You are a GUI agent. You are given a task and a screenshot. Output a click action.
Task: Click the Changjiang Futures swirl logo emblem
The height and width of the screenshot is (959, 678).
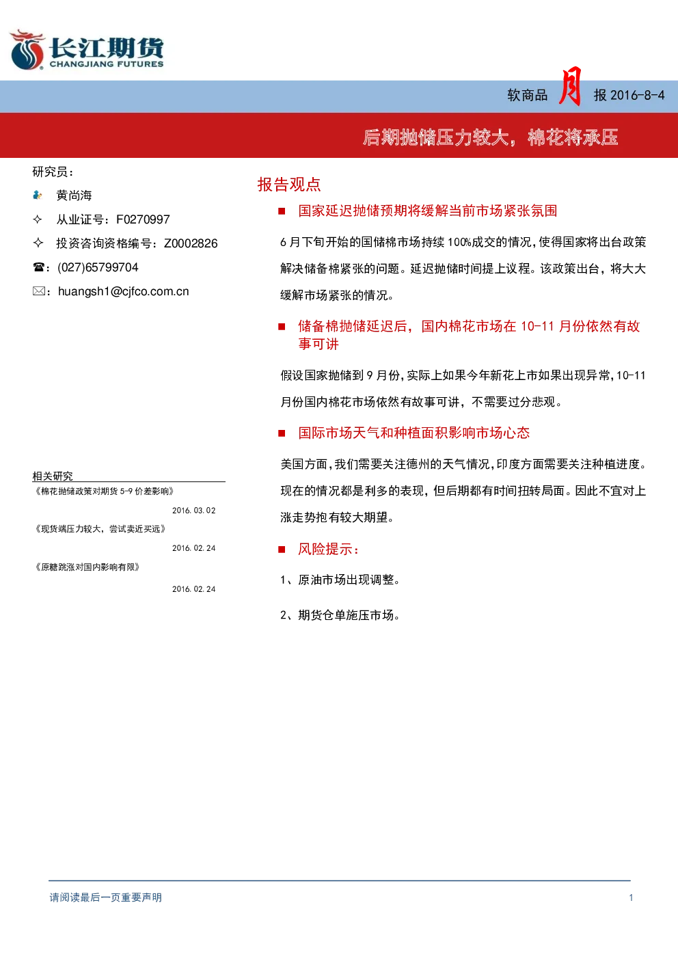pos(27,49)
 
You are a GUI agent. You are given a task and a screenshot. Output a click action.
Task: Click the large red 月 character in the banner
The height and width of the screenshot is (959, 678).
pos(570,86)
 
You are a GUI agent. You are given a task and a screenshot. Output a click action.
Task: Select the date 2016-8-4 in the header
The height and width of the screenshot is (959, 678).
pos(638,95)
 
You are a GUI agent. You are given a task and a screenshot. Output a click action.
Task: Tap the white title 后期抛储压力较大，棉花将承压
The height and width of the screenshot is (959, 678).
pos(491,137)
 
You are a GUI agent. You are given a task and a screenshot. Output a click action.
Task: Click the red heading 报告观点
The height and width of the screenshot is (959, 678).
pos(289,185)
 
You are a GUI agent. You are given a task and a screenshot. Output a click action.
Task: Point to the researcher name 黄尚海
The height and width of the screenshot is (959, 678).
pos(74,195)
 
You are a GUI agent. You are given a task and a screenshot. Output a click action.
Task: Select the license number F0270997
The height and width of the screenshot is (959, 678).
pos(143,219)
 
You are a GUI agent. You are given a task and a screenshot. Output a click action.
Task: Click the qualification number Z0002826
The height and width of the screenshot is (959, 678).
pos(191,243)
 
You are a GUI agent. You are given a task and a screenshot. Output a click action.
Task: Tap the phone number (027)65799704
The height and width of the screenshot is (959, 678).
pos(98,267)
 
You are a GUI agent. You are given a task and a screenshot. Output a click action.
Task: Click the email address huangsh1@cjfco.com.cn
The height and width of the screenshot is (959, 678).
pos(123,292)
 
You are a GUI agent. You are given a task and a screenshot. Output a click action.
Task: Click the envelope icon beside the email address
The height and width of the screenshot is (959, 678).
pos(39,291)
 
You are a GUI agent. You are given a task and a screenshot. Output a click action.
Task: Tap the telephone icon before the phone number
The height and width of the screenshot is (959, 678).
pos(38,267)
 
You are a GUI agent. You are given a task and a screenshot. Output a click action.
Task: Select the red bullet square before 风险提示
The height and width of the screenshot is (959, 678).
pos(282,550)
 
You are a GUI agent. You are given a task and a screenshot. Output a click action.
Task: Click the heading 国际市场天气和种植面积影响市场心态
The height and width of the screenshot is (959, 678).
pos(414,433)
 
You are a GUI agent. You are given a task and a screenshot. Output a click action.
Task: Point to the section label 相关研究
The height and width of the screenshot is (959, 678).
pos(53,476)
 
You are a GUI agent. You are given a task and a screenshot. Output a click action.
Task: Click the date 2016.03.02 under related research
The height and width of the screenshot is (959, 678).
pos(194,511)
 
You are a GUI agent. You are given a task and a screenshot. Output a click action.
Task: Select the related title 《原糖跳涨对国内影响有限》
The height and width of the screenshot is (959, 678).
pos(87,567)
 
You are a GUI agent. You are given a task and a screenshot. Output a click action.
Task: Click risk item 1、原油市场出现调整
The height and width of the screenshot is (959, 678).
pos(340,580)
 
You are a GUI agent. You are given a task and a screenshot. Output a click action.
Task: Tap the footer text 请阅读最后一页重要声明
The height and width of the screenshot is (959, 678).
pos(106,897)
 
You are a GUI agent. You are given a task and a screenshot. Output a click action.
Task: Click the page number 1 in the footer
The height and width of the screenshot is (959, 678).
pos(631,897)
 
